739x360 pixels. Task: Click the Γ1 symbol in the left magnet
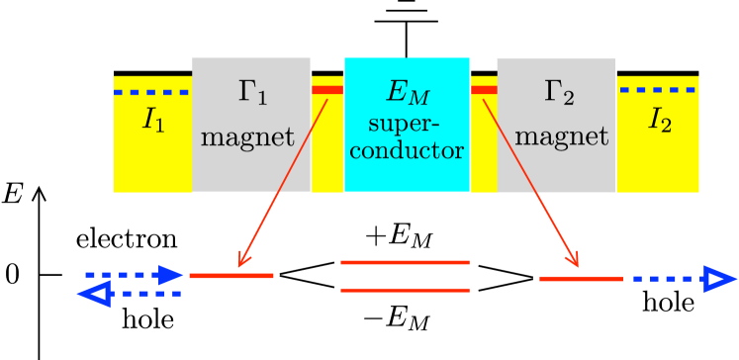(252, 93)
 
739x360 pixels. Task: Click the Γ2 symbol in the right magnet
(559, 93)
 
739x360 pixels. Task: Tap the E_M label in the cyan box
(407, 94)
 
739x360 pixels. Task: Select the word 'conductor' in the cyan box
(407, 151)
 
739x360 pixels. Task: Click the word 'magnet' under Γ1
(247, 137)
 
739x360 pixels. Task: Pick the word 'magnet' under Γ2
(561, 137)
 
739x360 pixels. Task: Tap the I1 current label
(153, 121)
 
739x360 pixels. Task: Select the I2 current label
(660, 121)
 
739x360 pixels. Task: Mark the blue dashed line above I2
(658, 90)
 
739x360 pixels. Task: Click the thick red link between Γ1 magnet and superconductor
(327, 90)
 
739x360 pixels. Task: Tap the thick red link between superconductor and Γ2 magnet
(484, 90)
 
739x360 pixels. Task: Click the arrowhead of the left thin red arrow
(240, 262)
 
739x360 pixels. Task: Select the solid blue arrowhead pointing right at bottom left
(172, 275)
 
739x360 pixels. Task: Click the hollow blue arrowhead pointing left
(93, 294)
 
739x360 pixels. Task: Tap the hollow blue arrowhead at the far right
(720, 279)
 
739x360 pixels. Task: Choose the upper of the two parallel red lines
(405, 263)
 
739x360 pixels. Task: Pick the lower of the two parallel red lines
(405, 290)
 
